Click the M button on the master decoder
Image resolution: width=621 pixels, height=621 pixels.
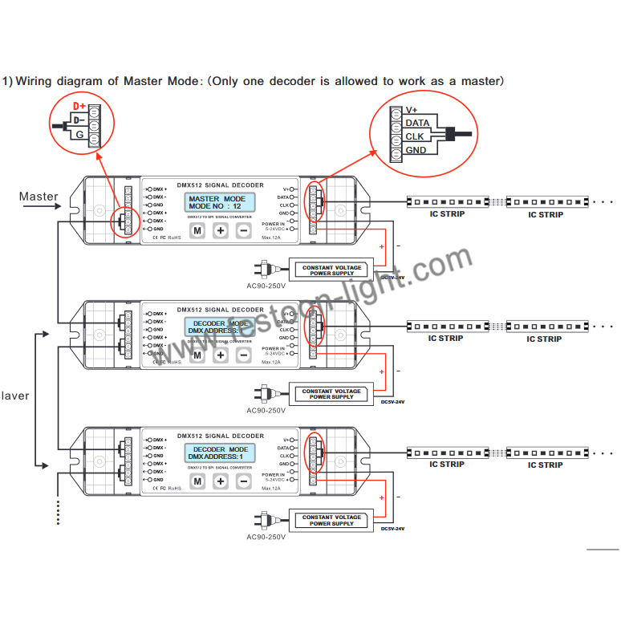coord(197,230)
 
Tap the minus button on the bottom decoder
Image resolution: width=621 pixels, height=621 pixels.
coord(244,481)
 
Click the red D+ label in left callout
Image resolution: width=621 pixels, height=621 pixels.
coord(79,106)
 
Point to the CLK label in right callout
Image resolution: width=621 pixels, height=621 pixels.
coord(415,136)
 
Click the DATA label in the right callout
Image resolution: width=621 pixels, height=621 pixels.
coord(417,123)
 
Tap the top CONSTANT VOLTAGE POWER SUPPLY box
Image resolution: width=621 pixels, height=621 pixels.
coord(331,270)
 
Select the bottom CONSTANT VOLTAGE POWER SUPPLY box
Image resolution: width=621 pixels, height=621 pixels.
coord(331,521)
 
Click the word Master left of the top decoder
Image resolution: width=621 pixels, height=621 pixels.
coord(39,197)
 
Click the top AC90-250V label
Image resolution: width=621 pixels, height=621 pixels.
coord(266,285)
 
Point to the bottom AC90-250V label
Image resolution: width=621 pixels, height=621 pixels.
coord(266,536)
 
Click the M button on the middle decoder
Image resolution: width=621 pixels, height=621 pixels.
coord(197,355)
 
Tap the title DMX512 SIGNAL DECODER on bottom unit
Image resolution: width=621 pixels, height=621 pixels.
coord(220,436)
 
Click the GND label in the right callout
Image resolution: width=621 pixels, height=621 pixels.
coord(416,150)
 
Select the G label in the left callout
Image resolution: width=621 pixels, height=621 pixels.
coord(79,135)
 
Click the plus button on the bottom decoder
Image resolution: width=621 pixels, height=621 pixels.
coord(221,481)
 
